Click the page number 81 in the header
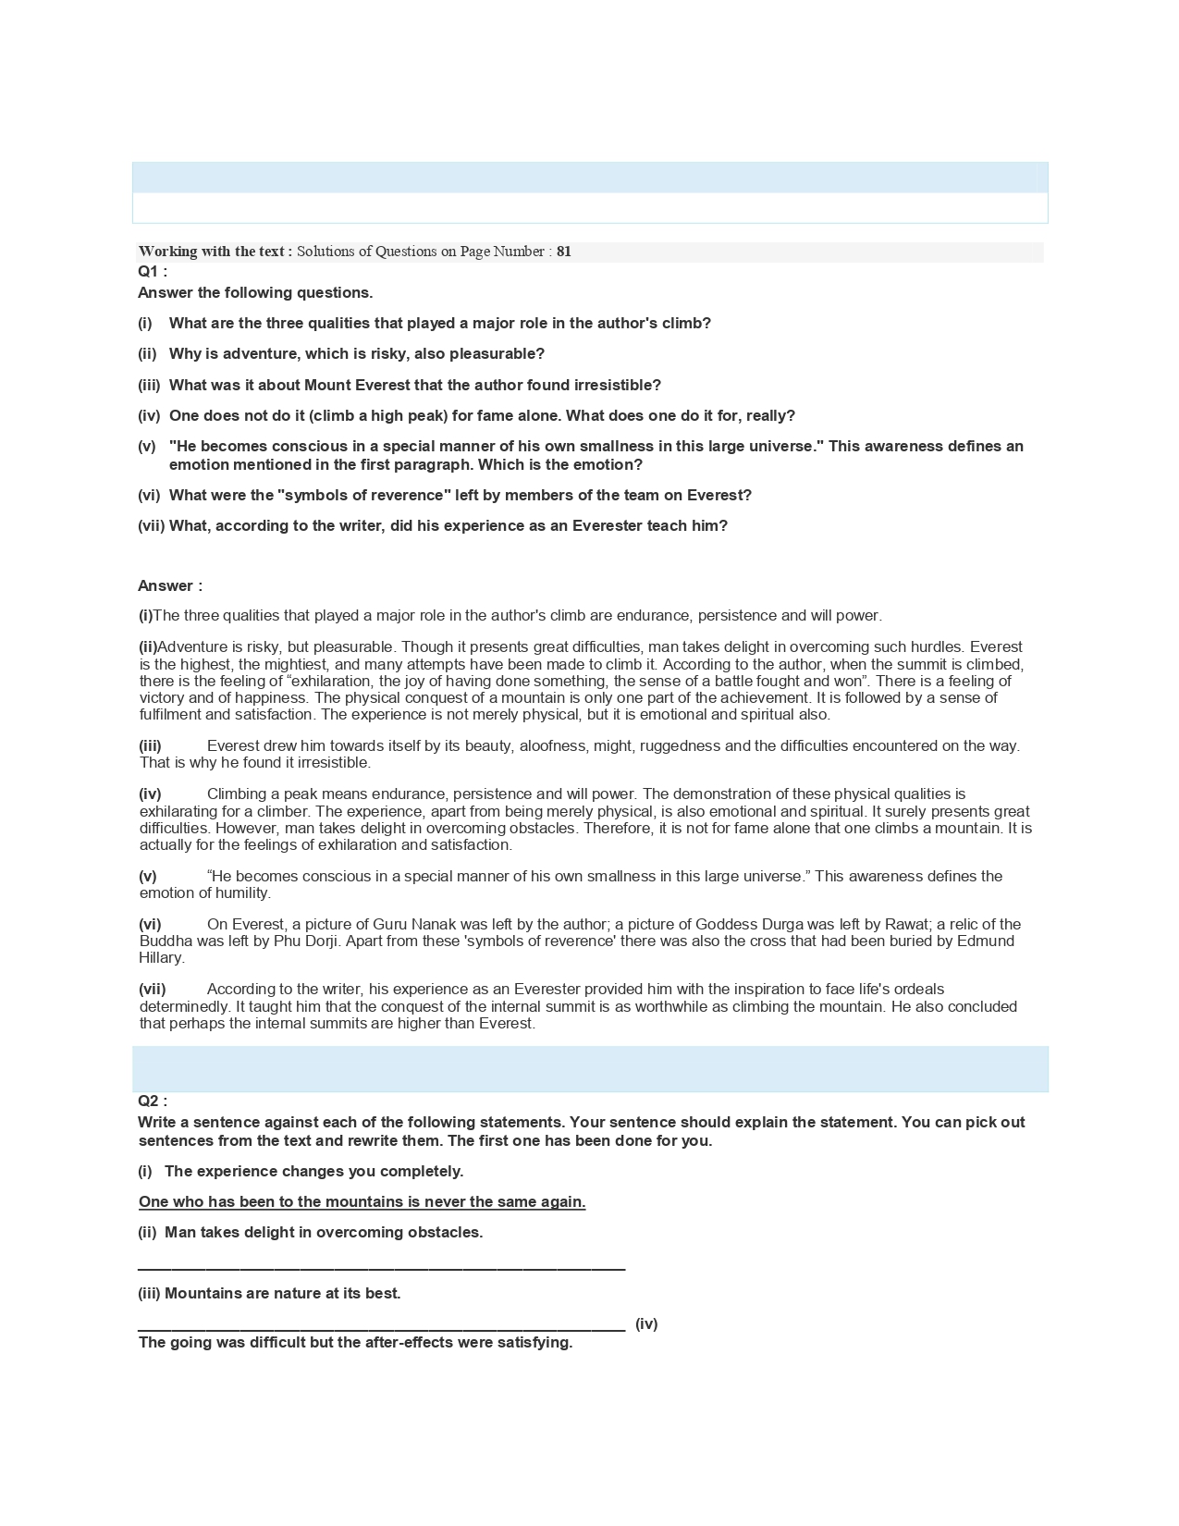564,252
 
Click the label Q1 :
153,271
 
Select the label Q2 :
153,1101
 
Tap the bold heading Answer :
170,585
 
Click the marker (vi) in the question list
149,495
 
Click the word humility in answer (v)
241,892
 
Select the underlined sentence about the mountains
362,1201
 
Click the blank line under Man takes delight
381,1267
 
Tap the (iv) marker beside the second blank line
646,1323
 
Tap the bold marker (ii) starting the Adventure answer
148,646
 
